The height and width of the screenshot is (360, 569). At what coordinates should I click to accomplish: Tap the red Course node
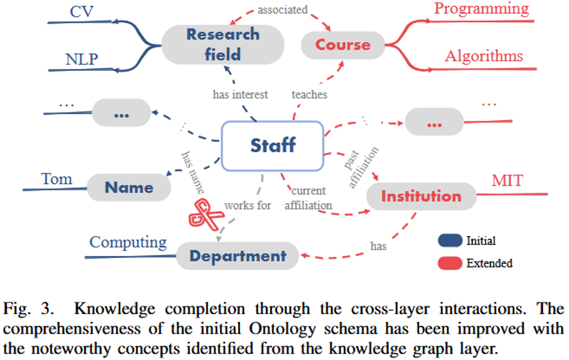343,45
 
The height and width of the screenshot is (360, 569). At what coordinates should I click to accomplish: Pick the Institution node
421,196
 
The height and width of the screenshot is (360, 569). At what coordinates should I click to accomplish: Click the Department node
237,255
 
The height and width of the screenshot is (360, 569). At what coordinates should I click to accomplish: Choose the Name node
129,188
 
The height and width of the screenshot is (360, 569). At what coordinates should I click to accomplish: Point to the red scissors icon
205,212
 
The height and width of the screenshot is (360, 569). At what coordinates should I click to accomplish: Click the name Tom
57,179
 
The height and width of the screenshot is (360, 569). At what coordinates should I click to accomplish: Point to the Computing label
128,243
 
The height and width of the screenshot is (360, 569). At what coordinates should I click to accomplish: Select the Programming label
481,9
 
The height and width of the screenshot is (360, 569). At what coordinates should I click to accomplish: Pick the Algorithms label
484,56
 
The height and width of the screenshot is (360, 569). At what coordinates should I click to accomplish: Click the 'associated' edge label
282,10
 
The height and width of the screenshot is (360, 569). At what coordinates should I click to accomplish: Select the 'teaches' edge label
309,94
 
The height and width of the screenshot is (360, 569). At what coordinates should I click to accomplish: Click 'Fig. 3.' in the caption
25,303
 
